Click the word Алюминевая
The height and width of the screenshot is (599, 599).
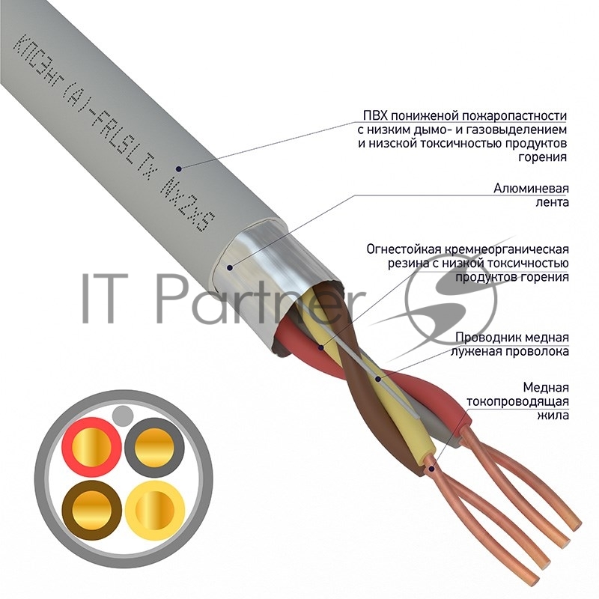coord(531,189)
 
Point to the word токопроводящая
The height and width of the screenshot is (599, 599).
coord(517,401)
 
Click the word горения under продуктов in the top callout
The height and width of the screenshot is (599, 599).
coord(542,157)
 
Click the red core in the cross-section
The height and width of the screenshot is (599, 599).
coord(91,446)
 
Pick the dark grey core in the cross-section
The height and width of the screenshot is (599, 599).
coord(154,447)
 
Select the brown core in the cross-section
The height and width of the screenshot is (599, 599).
coord(91,510)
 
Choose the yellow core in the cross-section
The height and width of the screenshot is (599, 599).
coord(155,511)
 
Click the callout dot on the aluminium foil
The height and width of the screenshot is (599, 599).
coord(230,267)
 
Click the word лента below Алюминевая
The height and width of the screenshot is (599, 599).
coord(552,202)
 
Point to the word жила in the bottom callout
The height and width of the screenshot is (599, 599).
coord(553,416)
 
